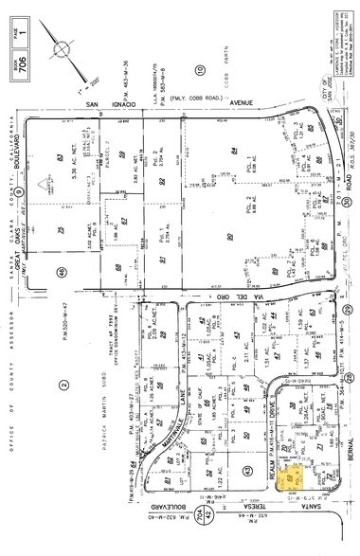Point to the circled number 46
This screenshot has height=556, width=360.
pyautogui.click(x=61, y=272)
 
